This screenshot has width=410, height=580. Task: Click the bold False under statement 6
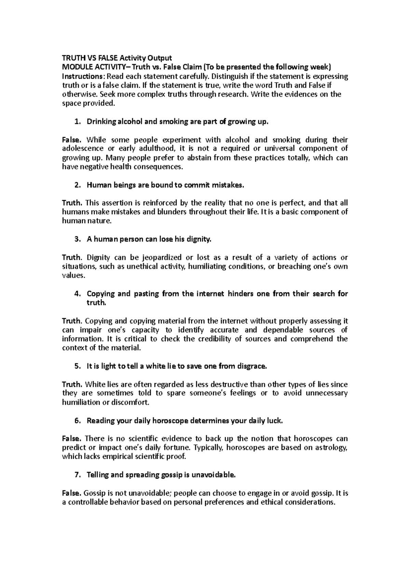pos(71,439)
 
